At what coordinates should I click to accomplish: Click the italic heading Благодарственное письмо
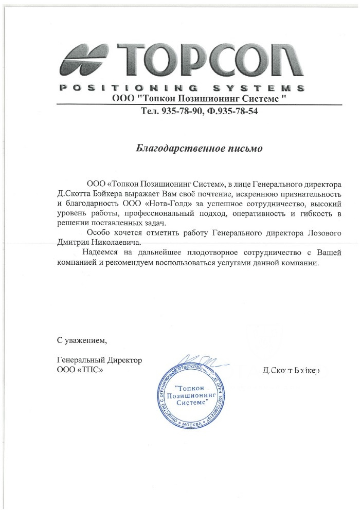click(199, 149)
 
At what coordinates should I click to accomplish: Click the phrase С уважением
click(82, 340)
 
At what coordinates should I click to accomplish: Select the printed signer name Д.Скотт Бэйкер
click(291, 370)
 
